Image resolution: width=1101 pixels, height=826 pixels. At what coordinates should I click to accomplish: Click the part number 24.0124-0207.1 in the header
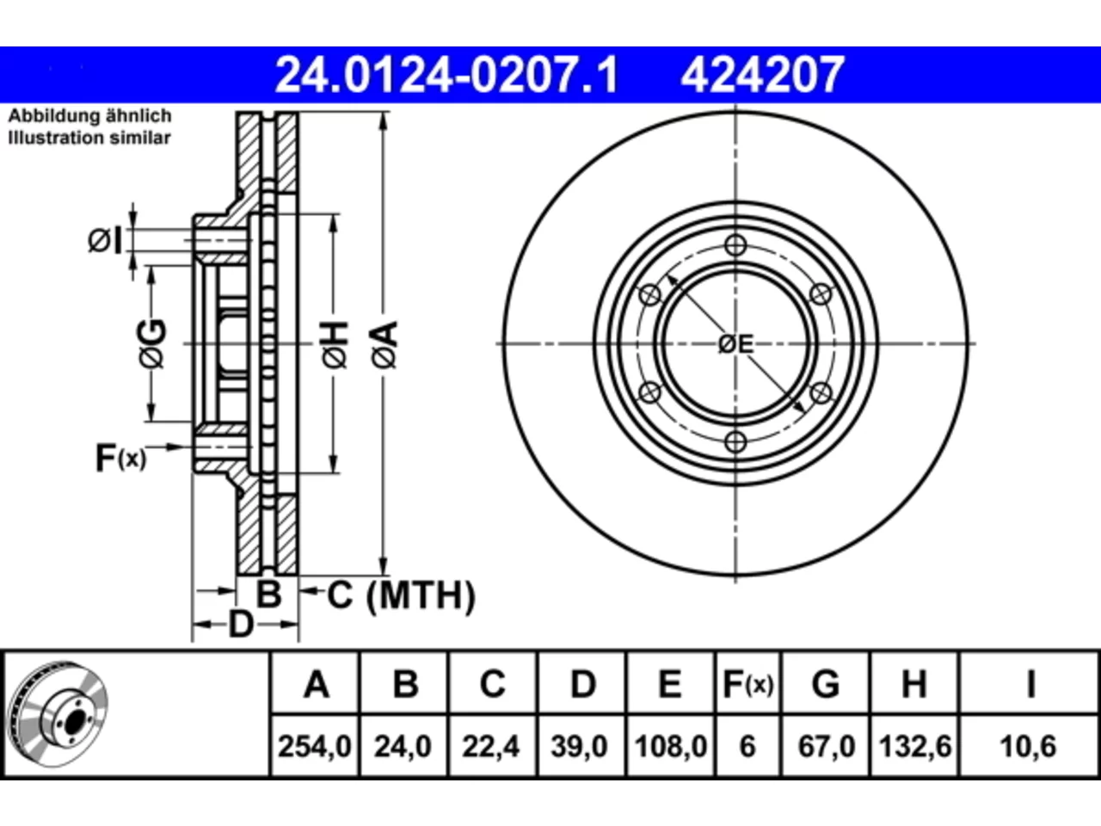pyautogui.click(x=447, y=75)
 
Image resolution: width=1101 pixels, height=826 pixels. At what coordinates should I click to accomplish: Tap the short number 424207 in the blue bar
pyautogui.click(x=762, y=75)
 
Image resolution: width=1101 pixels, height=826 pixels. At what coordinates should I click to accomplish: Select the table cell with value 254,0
pyautogui.click(x=315, y=746)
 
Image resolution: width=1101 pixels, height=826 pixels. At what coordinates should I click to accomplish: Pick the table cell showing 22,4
pyautogui.click(x=490, y=746)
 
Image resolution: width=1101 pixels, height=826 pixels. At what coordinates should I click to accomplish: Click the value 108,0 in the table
pyautogui.click(x=671, y=746)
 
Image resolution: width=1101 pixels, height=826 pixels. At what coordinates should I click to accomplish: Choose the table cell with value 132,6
pyautogui.click(x=915, y=746)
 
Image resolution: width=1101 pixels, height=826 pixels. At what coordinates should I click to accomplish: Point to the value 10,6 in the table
pyautogui.click(x=1028, y=746)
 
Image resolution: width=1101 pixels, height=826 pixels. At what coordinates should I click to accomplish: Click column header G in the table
pyautogui.click(x=826, y=684)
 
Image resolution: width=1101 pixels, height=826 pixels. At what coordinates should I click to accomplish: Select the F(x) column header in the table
pyautogui.click(x=747, y=684)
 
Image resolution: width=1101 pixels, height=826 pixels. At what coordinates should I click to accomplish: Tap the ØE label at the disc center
pyautogui.click(x=735, y=344)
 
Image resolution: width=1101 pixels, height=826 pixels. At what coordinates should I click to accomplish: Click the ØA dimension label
pyautogui.click(x=384, y=345)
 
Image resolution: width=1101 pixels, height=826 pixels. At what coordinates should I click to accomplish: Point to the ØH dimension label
pyautogui.click(x=335, y=345)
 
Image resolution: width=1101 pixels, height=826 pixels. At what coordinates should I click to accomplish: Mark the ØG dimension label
pyautogui.click(x=151, y=343)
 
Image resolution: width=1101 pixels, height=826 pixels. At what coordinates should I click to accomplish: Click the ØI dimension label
pyautogui.click(x=105, y=241)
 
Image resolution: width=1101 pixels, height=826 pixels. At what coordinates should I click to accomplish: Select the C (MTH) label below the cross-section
pyautogui.click(x=401, y=595)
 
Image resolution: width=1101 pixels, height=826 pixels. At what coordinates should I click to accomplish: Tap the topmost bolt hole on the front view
pyautogui.click(x=735, y=245)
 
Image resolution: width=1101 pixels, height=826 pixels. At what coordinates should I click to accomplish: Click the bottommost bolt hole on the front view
pyautogui.click(x=735, y=442)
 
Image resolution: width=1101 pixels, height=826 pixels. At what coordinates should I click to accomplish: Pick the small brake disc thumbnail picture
pyautogui.click(x=58, y=715)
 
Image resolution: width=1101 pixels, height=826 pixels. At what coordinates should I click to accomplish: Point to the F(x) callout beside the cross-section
pyautogui.click(x=120, y=458)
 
